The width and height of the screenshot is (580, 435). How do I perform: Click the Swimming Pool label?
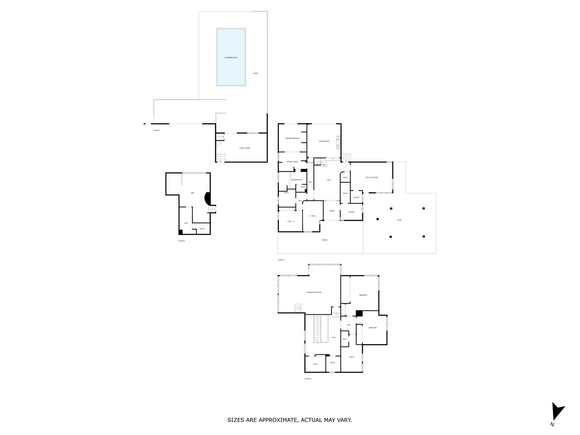coord(231,58)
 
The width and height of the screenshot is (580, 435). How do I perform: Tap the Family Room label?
coord(245,148)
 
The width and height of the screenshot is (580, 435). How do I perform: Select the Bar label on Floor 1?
coord(192,193)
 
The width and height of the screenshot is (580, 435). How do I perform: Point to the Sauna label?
coord(202,229)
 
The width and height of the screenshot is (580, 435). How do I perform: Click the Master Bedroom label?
coord(292,139)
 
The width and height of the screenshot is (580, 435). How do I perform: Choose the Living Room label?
coord(323,141)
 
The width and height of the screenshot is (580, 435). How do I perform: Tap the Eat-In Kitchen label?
coord(371,178)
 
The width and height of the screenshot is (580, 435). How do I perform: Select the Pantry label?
coord(356,197)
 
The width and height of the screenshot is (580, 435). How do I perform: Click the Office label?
coord(351,212)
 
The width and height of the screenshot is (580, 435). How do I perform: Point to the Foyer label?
coord(332,211)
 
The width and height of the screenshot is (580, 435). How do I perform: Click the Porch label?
coord(325,240)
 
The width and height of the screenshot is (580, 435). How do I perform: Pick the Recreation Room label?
coord(314,292)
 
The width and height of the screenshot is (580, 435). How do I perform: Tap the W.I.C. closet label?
coord(315,364)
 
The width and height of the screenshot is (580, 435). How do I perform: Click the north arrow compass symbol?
coord(557,412)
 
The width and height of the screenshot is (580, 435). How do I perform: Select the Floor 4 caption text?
coord(308,379)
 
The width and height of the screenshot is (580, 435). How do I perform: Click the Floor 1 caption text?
coord(182,240)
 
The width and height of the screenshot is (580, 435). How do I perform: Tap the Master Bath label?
coord(296,180)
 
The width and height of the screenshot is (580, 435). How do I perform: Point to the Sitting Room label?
coord(292,161)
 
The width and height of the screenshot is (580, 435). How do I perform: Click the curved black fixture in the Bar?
coord(207,199)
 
